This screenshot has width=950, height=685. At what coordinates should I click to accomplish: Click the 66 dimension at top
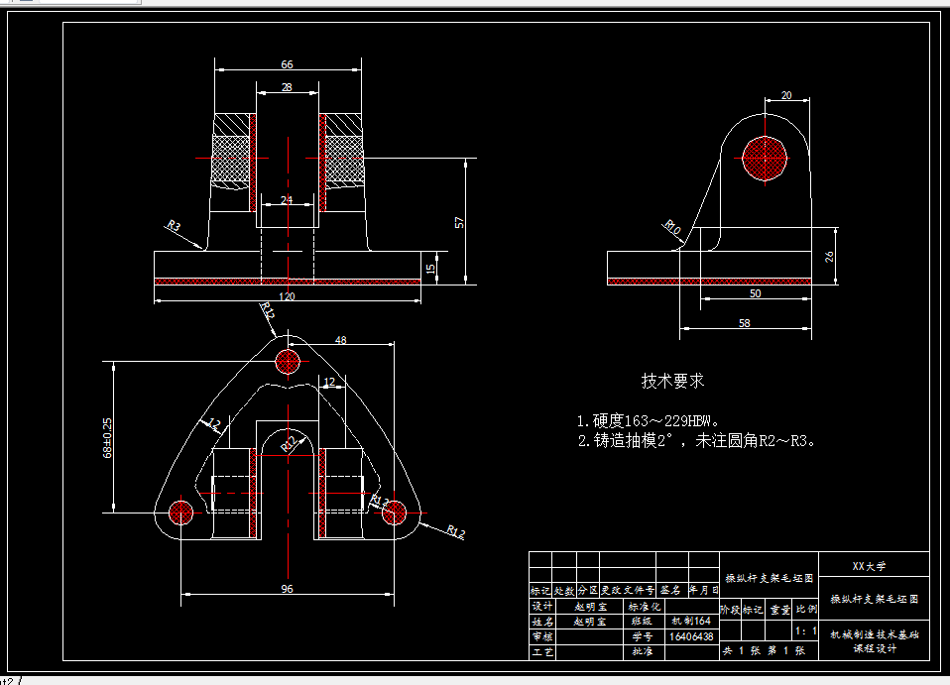[x=287, y=64]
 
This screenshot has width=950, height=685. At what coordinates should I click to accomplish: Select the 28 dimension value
[x=287, y=88]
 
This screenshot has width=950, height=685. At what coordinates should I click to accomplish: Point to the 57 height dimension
[x=459, y=221]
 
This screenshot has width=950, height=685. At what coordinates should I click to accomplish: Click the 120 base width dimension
[x=287, y=295]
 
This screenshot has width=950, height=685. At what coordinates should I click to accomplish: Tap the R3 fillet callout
[x=174, y=226]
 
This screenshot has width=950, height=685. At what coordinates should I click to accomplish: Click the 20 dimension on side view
[x=786, y=95]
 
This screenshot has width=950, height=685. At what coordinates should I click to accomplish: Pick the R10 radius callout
[x=673, y=227]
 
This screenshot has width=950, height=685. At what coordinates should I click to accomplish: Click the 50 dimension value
[x=756, y=293]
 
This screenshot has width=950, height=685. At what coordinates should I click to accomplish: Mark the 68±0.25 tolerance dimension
[x=106, y=437]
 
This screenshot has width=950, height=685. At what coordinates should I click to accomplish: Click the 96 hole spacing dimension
[x=287, y=590]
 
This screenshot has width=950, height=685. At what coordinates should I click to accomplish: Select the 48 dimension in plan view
[x=340, y=340]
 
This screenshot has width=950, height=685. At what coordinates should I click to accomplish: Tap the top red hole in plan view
[x=288, y=361]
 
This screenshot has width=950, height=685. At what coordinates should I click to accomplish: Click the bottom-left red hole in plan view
[x=180, y=512]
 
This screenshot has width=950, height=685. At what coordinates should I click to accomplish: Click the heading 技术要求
[x=672, y=381]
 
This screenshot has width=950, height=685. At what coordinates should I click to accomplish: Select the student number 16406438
[x=691, y=636]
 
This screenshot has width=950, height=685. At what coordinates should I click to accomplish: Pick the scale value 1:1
[x=806, y=630]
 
